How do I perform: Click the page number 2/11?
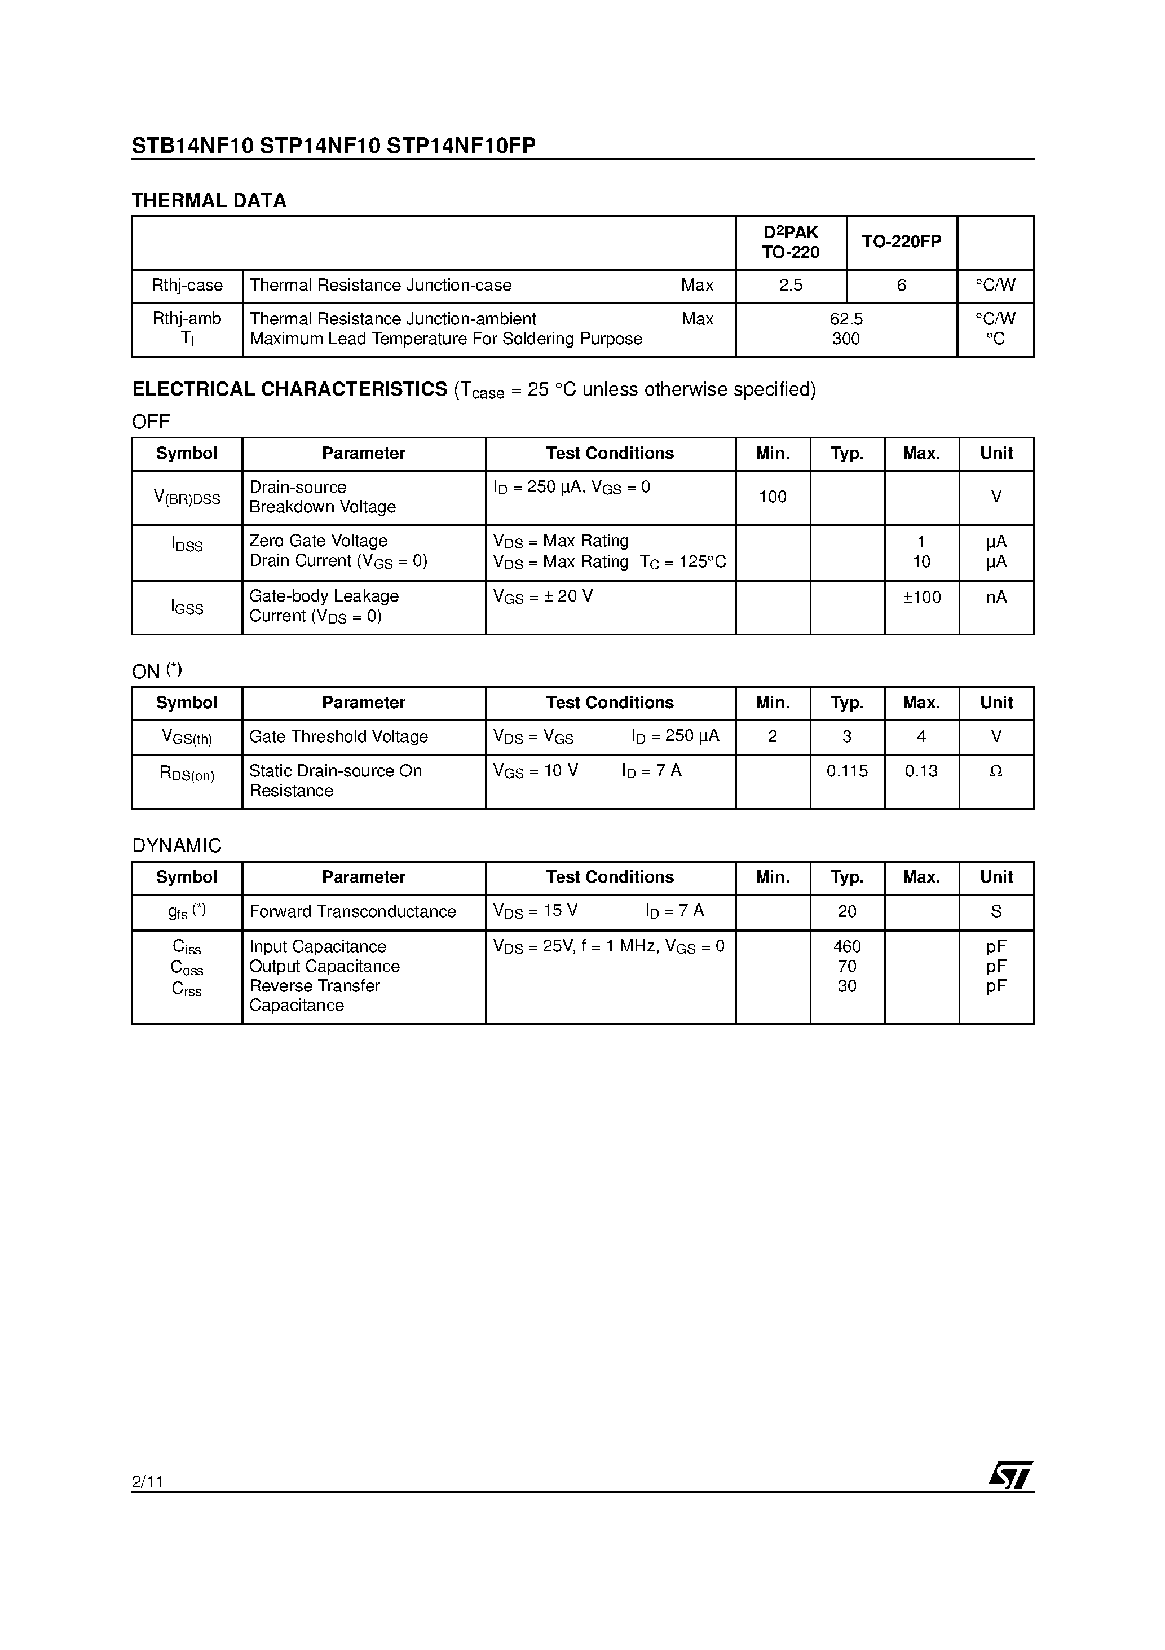[148, 1481]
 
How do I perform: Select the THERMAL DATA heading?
[209, 200]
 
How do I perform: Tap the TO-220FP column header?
[902, 242]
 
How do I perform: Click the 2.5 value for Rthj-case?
[791, 286]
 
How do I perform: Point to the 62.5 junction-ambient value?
[846, 318]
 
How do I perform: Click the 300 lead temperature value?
[846, 339]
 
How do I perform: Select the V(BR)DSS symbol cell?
[187, 497]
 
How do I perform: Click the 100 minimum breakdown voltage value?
[773, 497]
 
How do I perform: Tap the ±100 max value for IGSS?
[921, 597]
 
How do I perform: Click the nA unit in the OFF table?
[996, 597]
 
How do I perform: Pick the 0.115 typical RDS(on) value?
[847, 771]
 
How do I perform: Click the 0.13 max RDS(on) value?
[921, 771]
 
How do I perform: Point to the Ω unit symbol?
[996, 771]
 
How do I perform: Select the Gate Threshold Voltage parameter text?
[338, 736]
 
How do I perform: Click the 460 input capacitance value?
[847, 946]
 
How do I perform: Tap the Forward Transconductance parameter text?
[352, 911]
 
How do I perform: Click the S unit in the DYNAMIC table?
[996, 911]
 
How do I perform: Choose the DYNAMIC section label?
[176, 845]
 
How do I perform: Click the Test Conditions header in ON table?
[610, 703]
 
